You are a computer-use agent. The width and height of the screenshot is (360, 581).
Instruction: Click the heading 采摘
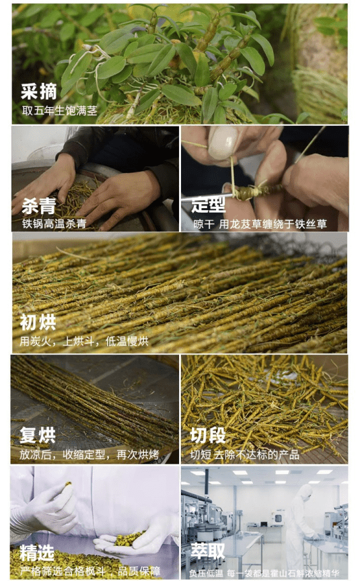pos(39,92)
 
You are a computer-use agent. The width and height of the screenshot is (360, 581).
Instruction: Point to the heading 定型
pos(208,205)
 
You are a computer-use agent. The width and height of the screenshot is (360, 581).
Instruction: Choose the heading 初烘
pos(38,322)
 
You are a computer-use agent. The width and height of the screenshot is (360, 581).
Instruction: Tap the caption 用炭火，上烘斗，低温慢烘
pos(84,341)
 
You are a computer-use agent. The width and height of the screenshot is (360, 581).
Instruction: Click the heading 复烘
pos(38,436)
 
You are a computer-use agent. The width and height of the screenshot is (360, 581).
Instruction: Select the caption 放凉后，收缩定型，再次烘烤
pos(92,454)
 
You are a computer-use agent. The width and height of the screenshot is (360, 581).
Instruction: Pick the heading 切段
pos(208,436)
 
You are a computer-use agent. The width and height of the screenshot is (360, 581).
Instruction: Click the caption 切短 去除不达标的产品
pos(245,454)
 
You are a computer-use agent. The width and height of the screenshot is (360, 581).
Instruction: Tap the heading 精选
pos(37,553)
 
